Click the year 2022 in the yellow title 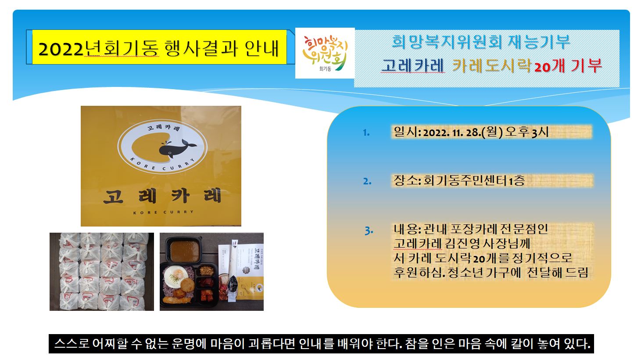(61, 49)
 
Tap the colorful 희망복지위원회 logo (325, 53)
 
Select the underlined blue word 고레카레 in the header (412, 65)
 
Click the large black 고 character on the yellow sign (113, 197)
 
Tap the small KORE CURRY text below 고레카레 (163, 212)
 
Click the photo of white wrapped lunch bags (102, 271)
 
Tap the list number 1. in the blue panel (366, 133)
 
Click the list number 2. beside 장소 (367, 181)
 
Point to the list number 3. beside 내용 (369, 230)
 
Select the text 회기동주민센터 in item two (465, 180)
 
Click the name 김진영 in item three (462, 244)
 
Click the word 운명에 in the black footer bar (189, 343)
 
